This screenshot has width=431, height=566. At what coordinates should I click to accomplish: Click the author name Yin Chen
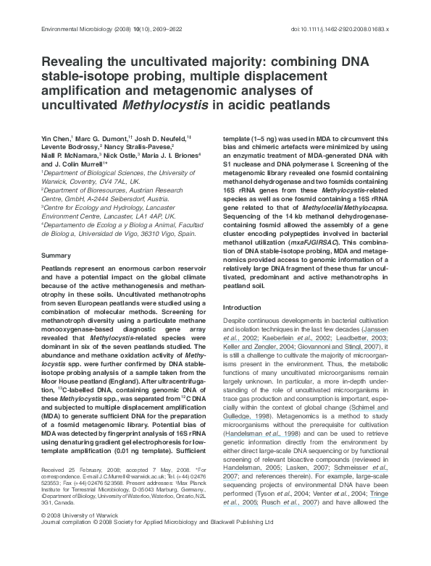[x=56, y=137]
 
